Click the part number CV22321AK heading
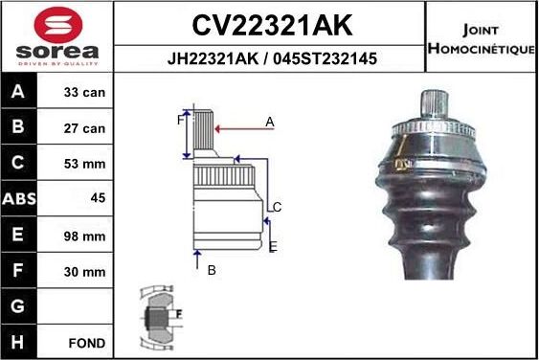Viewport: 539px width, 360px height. pos(269,23)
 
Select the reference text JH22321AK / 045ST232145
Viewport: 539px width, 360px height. pos(269,58)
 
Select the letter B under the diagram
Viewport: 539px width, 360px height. pos(212,270)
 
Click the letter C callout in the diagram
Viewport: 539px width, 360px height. pos(277,207)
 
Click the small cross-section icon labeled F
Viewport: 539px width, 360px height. pos(159,314)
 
